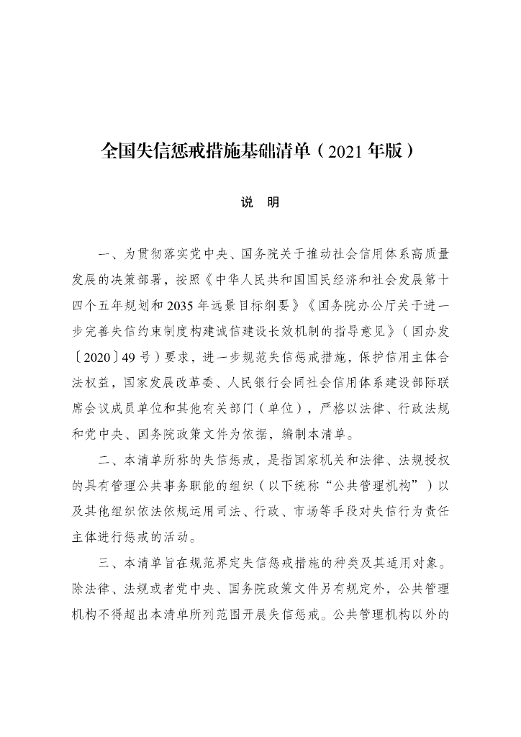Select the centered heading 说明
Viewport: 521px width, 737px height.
tap(260, 203)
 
